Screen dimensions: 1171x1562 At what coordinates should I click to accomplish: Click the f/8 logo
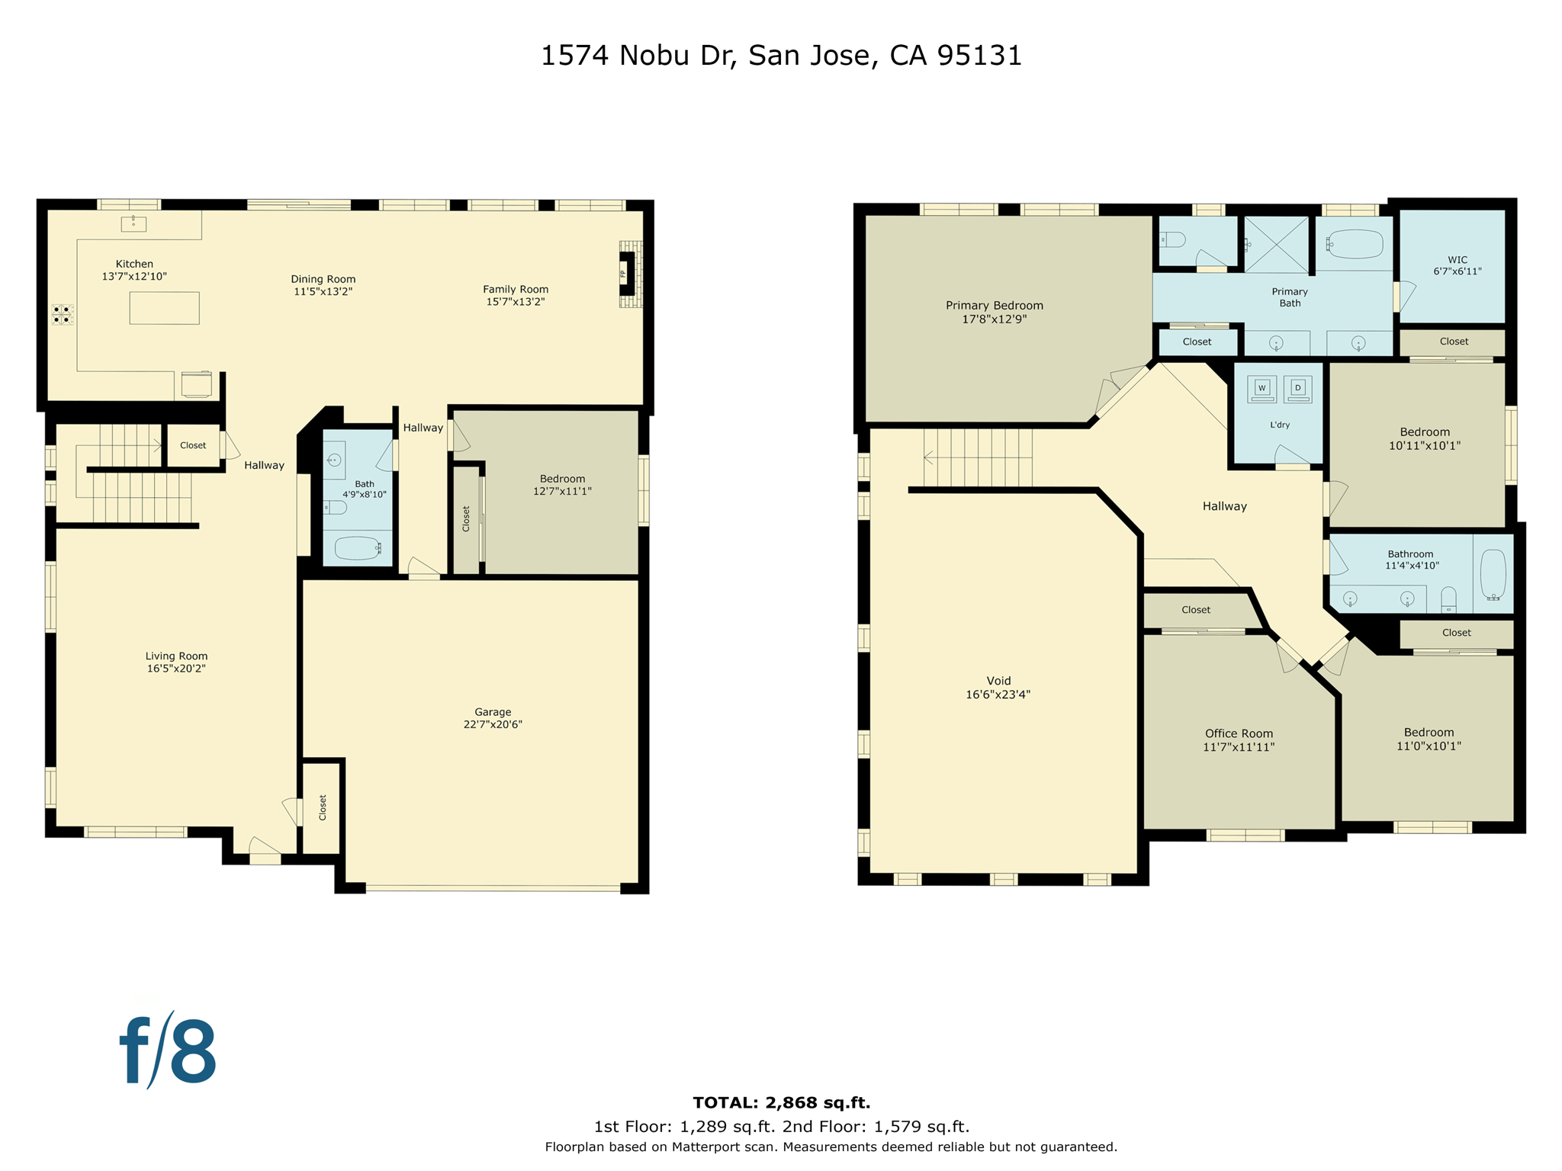click(168, 1051)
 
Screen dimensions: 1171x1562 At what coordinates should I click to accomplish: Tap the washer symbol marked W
click(1261, 389)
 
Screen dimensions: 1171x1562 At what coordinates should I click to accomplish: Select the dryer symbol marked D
click(1297, 389)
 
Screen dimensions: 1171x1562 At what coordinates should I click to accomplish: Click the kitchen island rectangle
click(164, 308)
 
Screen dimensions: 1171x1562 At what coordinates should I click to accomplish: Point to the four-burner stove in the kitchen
click(62, 315)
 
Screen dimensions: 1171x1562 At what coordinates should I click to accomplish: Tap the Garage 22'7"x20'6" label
click(493, 718)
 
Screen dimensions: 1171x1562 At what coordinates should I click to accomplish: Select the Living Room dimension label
click(176, 662)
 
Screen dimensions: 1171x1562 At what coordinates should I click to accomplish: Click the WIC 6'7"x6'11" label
click(1457, 265)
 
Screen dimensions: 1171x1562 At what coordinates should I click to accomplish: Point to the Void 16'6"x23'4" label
click(998, 687)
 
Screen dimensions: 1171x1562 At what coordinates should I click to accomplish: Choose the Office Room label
click(1239, 739)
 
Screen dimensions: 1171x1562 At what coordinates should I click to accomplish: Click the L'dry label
click(1280, 425)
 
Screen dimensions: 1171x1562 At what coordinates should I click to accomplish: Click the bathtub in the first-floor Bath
click(357, 548)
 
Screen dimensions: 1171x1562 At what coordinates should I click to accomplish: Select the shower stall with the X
click(1276, 244)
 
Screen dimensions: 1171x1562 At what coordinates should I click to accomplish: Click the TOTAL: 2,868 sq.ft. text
click(781, 1102)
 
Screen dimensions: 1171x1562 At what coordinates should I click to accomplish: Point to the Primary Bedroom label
click(994, 312)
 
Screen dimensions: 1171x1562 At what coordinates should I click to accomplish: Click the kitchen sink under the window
click(133, 223)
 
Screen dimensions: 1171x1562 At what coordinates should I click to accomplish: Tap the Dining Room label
click(323, 285)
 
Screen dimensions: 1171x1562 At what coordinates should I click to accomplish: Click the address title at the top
click(781, 56)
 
